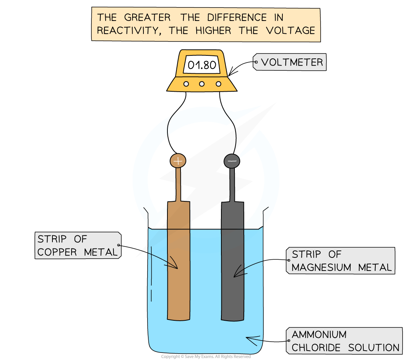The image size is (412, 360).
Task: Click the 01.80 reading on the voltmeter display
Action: tap(202, 65)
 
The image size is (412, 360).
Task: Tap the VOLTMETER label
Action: tap(292, 62)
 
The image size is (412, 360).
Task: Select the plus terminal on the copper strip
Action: tap(178, 161)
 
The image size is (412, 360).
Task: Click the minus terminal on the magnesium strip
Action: tap(232, 161)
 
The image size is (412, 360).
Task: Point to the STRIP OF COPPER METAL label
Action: tap(78, 245)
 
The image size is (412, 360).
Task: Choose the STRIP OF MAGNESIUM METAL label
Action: tap(341, 261)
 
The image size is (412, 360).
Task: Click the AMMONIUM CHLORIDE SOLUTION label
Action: tap(345, 341)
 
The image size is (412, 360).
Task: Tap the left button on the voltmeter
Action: tap(186, 84)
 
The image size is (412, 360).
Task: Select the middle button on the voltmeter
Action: tap(202, 84)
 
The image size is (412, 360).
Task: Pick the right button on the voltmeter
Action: tap(217, 84)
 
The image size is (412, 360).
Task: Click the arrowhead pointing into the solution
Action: tap(249, 339)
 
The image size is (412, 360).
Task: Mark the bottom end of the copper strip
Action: tap(179, 318)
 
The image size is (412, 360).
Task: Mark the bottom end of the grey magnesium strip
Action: tap(232, 318)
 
